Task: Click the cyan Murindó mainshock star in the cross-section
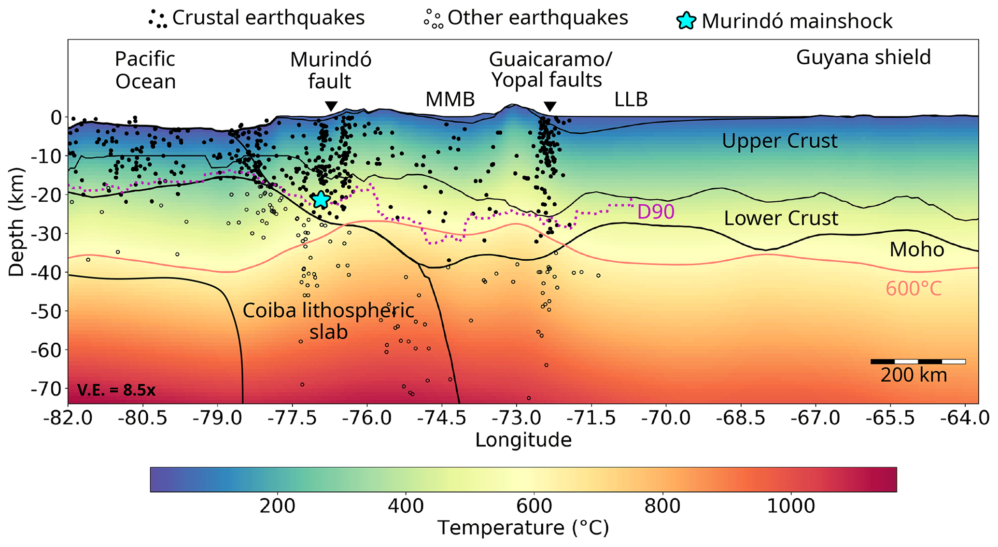click(x=321, y=199)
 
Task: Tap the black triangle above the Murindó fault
click(x=331, y=106)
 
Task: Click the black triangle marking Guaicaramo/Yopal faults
click(x=550, y=106)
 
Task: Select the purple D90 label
click(x=656, y=212)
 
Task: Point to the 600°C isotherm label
click(x=914, y=289)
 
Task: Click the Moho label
click(x=916, y=250)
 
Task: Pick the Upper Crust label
click(x=779, y=141)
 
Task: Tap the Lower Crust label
click(x=781, y=218)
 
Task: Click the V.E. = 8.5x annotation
click(x=116, y=390)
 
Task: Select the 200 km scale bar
click(x=917, y=362)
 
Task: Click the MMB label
click(x=450, y=99)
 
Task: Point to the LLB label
click(x=631, y=99)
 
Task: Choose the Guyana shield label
click(x=863, y=57)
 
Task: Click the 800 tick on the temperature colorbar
click(x=662, y=505)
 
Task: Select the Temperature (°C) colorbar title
click(x=523, y=528)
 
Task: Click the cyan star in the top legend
click(x=686, y=21)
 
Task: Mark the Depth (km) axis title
click(x=16, y=222)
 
